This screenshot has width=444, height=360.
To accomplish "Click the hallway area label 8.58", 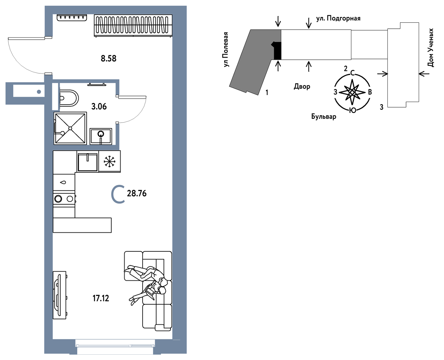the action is point(108,59).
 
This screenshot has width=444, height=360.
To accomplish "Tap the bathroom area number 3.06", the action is point(99,107).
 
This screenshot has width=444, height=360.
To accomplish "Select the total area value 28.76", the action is point(137,193).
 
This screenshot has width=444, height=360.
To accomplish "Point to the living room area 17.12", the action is point(101,298).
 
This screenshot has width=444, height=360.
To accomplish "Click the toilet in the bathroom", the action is point(69,98).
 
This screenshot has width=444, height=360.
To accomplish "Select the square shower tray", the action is point(70,128).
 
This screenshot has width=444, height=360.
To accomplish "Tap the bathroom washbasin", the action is point(101,136).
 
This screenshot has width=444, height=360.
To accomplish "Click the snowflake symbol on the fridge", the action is point(110,161).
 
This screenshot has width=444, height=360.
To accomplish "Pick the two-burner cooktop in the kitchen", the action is point(64,199).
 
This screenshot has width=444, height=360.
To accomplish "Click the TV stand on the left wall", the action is point(60,295).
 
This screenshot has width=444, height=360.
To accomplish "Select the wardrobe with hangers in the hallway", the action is point(133,26).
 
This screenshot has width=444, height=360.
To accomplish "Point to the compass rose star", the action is point(352,92).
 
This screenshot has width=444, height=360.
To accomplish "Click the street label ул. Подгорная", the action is point(338,18).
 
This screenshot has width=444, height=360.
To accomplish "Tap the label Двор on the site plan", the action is point(302,86).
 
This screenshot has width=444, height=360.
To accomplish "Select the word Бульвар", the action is point(324,116).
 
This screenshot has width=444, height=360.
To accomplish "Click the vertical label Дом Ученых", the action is point(431,48).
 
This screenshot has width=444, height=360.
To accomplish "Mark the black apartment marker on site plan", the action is point(276,51).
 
